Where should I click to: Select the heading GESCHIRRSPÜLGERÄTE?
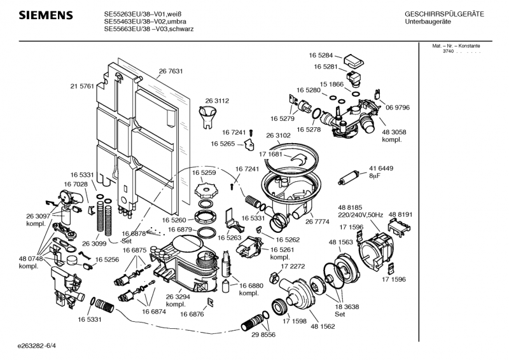click(444, 14)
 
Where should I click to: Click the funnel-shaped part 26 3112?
click(207, 116)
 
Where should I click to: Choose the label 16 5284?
click(325, 56)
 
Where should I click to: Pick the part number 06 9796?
click(398, 107)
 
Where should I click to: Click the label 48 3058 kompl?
click(394, 135)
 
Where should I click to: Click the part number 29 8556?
click(263, 335)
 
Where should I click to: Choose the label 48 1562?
click(323, 326)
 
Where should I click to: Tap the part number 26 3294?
click(178, 296)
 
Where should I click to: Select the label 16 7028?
click(75, 184)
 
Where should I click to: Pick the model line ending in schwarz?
click(149, 29)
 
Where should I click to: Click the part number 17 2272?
click(293, 267)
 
